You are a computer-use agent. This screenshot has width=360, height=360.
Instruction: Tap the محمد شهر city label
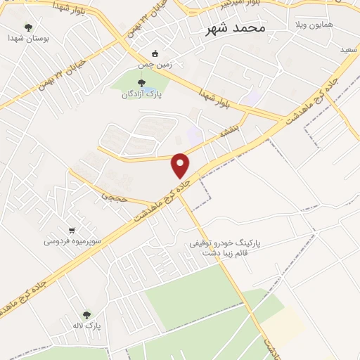tap(235, 29)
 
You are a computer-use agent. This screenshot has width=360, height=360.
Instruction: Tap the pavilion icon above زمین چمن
tap(155, 53)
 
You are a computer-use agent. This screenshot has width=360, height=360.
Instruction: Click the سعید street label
tap(347, 51)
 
